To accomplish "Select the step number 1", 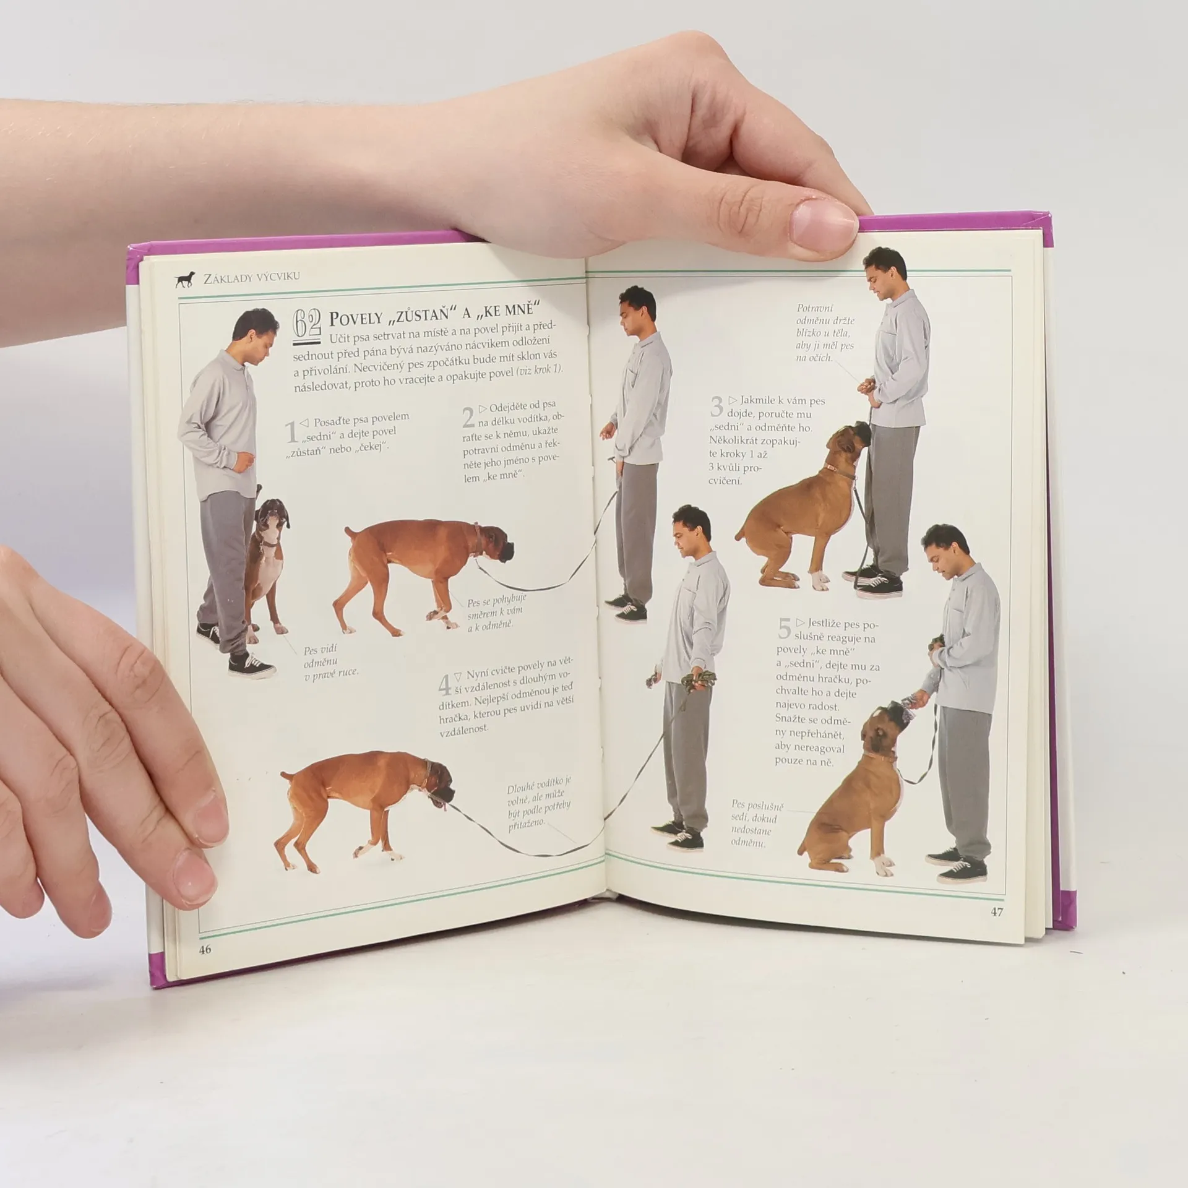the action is pos(290,433).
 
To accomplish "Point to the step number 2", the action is pos(468,418).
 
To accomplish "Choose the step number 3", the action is pos(717,407).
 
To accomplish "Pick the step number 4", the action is pos(444,685).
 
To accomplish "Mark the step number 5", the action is pos(785,629).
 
